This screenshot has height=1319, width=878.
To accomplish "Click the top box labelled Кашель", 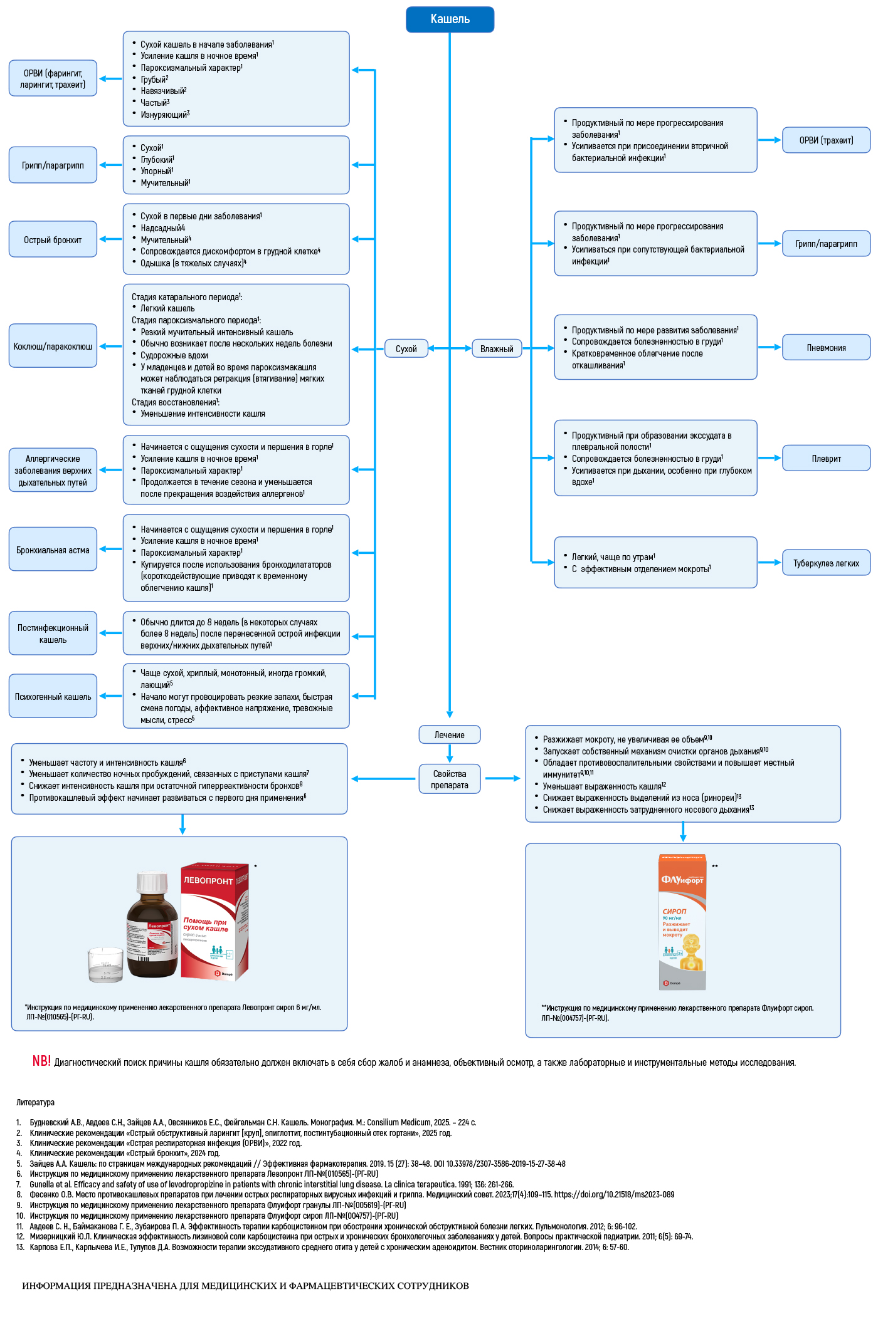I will pos(450,19).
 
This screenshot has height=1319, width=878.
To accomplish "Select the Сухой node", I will pos(406,348).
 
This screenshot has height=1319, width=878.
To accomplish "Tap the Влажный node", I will pos(497,348).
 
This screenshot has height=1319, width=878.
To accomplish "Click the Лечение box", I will pos(449,734).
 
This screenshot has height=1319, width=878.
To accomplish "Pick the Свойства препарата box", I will pos(449,779).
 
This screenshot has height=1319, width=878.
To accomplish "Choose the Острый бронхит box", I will pos(53,239).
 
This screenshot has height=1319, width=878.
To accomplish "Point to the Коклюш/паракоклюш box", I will pos(53,346).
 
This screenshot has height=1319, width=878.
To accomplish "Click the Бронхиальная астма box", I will pos(53,550).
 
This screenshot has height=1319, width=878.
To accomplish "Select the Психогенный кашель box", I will pos(53,696).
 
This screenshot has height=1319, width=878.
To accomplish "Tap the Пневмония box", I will pos(826,347).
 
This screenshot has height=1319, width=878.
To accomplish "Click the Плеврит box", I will pos(826,458).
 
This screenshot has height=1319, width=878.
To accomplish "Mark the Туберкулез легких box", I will pos(826,563).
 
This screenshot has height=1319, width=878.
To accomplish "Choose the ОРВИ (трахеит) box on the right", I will pos(826,140).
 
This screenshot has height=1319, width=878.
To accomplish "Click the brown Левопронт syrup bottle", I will pos(152,927).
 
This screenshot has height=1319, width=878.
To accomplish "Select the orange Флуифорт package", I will pos(682,921).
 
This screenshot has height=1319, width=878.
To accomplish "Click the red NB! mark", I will pos(41,1061).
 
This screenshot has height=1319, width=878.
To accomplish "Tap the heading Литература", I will pos(35,1102).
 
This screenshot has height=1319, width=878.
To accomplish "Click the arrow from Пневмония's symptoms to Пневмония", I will pos(770,347).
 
